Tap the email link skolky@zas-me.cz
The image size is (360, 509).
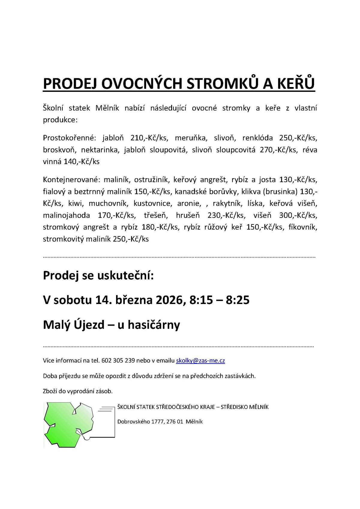[200, 360]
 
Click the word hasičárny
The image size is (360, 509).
[153, 324]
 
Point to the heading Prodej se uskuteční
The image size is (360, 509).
[98, 275]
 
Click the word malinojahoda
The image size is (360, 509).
[66, 215]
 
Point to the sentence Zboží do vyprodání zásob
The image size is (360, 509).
[78, 391]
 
